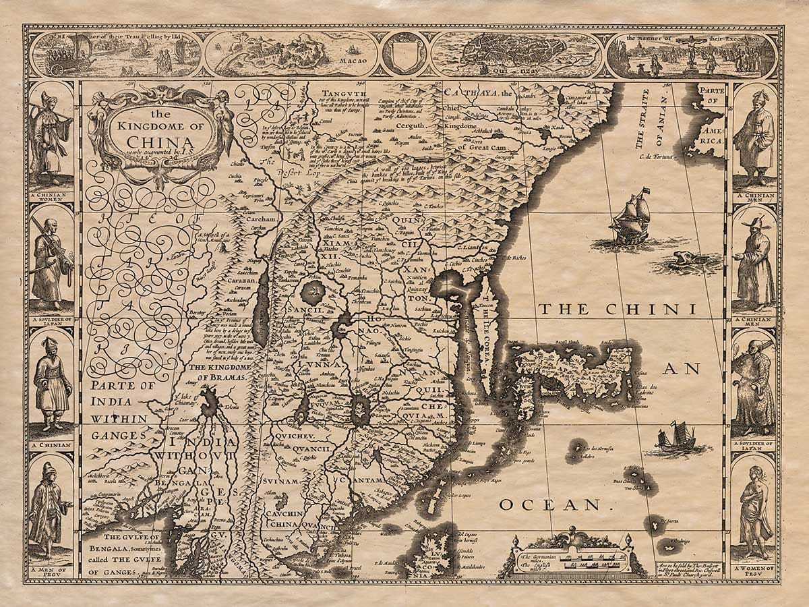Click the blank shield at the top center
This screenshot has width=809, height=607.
click(404, 53)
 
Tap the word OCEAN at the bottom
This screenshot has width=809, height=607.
click(550, 504)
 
